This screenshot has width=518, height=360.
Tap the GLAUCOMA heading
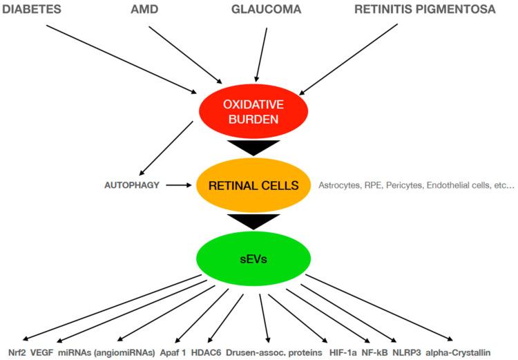(265, 10)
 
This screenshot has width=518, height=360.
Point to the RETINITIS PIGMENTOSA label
(425, 10)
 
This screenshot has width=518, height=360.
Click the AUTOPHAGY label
(132, 185)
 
